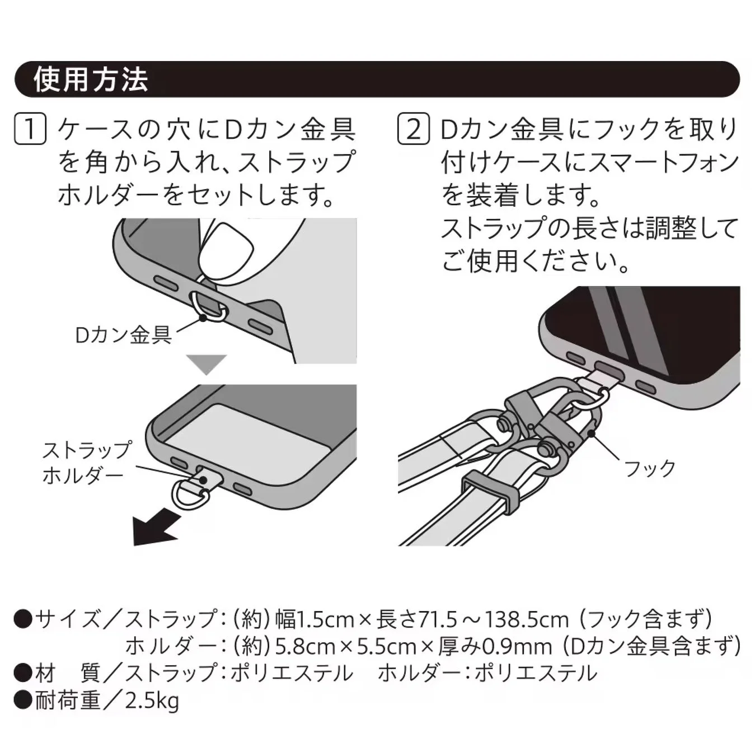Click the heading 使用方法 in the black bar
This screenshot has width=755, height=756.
click(91, 80)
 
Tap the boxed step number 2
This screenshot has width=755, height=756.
click(413, 129)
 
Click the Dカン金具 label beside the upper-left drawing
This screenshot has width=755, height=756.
click(123, 335)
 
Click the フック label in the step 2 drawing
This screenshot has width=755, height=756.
click(649, 468)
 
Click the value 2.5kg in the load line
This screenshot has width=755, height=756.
click(152, 701)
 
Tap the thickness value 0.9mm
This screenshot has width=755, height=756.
click(517, 646)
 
